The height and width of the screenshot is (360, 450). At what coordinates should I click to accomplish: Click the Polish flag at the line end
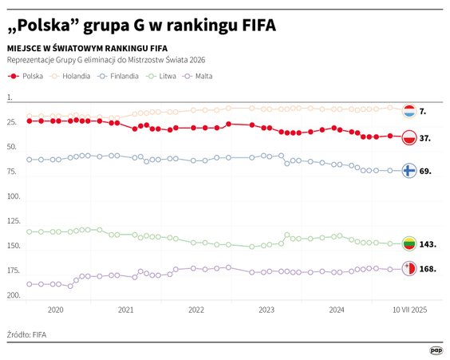408,137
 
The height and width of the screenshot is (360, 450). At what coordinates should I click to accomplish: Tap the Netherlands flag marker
408,111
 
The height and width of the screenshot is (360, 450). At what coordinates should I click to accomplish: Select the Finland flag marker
408,171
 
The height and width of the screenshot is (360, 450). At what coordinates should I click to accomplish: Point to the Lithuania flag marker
408,243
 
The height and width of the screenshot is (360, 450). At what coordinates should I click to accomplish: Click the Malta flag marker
408,269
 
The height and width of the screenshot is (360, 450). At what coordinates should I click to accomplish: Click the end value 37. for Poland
425,138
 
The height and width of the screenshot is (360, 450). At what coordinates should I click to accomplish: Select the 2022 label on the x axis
195,309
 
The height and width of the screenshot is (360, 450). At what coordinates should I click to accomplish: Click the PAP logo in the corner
436,349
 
